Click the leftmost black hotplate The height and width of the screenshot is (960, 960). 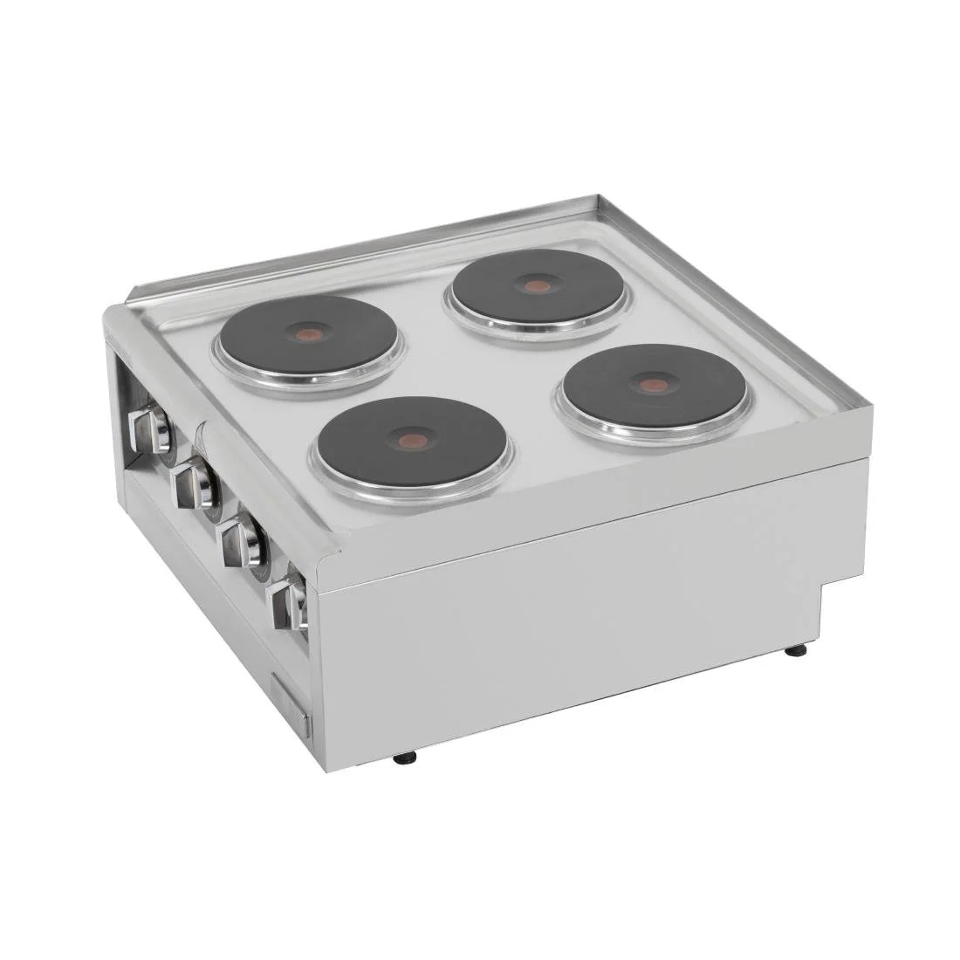click(x=308, y=333)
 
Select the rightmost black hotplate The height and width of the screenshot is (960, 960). click(x=653, y=384)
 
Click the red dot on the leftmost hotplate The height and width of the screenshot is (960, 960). click(x=308, y=333)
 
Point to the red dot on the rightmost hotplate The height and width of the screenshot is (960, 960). click(x=648, y=385)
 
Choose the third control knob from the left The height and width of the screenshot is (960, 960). click(x=242, y=542)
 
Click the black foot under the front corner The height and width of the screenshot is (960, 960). click(x=405, y=758)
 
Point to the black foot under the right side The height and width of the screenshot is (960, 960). click(x=796, y=650)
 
